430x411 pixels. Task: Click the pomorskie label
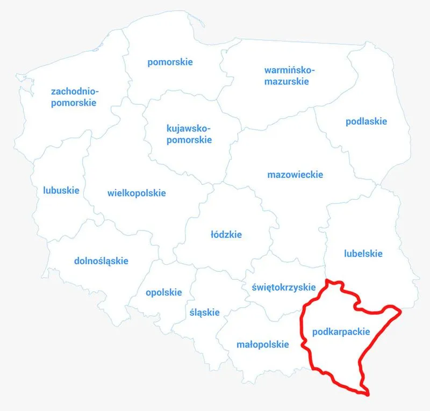tap(170, 62)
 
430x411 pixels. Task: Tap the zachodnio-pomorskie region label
tap(75, 97)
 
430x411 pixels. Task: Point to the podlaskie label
tap(366, 121)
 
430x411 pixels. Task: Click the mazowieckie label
tap(295, 175)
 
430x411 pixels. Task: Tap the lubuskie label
tap(61, 190)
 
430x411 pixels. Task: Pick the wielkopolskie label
tap(137, 193)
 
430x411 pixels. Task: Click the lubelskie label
tap(363, 254)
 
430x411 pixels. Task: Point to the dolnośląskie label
tap(101, 261)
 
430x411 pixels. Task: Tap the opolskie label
tap(164, 293)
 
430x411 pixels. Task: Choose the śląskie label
tap(204, 312)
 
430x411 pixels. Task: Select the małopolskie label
tap(263, 345)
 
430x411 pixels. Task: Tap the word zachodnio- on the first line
tap(75, 91)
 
